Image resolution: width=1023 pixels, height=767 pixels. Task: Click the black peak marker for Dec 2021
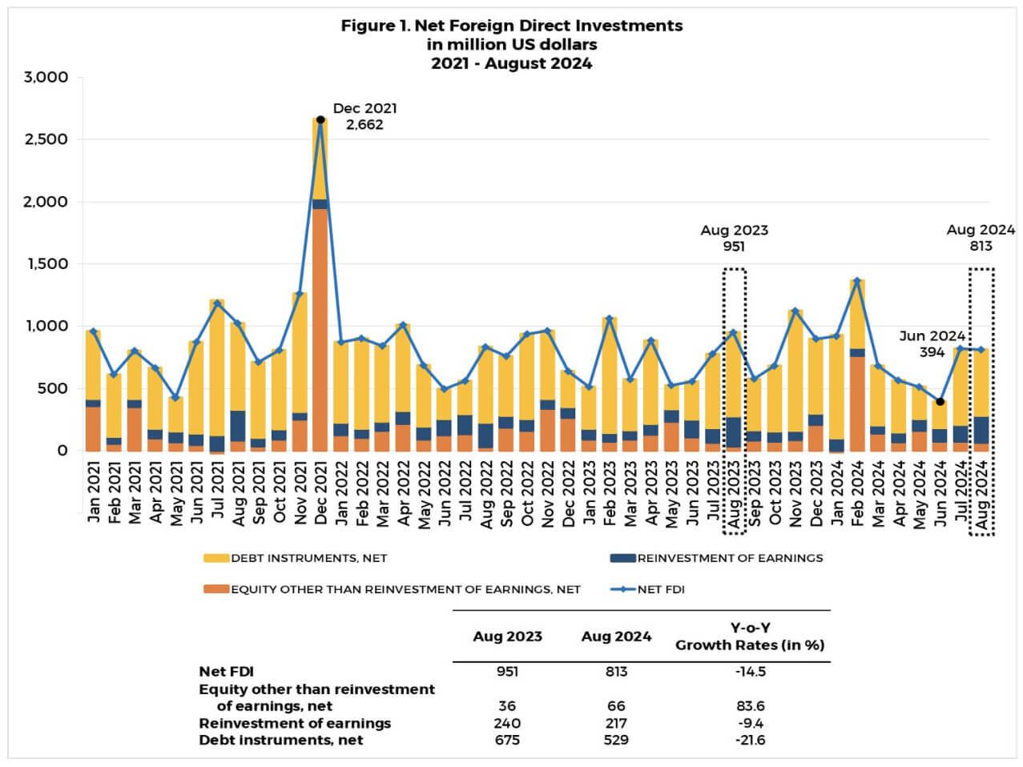(320, 119)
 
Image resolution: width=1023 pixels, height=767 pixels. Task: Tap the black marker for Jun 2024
(940, 402)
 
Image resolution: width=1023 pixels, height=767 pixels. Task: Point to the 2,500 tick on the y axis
(46, 139)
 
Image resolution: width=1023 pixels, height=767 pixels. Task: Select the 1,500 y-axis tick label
(46, 264)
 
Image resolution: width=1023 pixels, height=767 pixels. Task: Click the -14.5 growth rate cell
(750, 672)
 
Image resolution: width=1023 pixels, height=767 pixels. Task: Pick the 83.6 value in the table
(750, 706)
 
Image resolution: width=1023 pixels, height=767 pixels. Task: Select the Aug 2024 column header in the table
(616, 636)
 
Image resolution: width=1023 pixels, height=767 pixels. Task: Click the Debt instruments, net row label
(280, 741)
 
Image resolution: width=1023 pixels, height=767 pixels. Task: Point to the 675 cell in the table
(507, 741)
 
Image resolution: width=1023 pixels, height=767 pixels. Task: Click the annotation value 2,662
(364, 125)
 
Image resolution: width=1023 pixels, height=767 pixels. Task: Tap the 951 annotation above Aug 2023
(734, 247)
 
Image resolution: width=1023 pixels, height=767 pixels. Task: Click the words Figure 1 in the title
(375, 26)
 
